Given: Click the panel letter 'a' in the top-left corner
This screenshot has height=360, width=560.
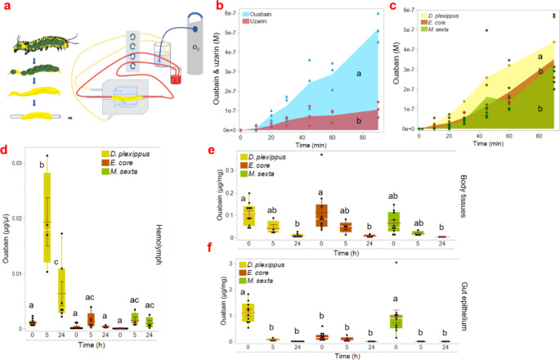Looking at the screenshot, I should (6, 7).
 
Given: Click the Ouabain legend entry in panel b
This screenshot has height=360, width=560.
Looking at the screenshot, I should (277, 15).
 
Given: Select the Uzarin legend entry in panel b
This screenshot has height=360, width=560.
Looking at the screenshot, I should (274, 24).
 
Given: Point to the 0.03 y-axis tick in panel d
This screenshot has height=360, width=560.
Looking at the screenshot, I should (24, 164).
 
